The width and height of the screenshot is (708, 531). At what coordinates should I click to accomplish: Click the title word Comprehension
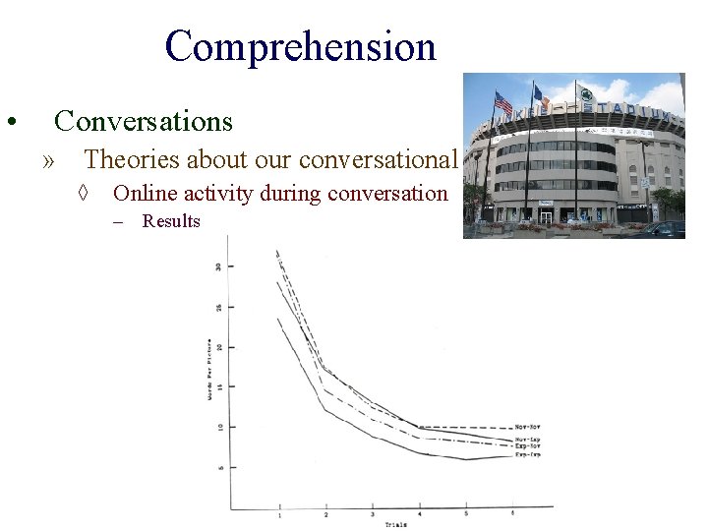[300, 46]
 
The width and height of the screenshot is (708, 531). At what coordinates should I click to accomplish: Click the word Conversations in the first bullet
[144, 121]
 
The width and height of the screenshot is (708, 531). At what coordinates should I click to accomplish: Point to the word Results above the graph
[170, 221]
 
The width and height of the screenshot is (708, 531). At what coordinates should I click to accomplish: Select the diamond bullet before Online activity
[86, 194]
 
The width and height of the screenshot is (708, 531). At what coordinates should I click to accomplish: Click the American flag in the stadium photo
[503, 102]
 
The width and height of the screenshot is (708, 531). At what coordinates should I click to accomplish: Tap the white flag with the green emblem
[586, 96]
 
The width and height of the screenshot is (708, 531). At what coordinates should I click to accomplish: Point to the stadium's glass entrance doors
[546, 214]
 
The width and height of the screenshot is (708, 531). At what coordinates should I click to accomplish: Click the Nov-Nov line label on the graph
[527, 428]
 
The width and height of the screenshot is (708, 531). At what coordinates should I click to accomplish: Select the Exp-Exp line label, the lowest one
[527, 455]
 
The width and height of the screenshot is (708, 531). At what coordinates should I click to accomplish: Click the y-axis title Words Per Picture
[208, 368]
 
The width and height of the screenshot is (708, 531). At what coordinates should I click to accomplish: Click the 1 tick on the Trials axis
[279, 514]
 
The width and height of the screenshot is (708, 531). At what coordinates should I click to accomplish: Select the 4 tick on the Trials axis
[419, 514]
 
